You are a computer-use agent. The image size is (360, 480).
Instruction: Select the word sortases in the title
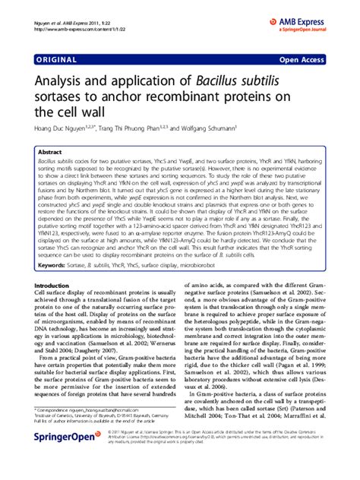(61, 95)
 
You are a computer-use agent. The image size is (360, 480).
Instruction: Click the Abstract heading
(50, 152)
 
